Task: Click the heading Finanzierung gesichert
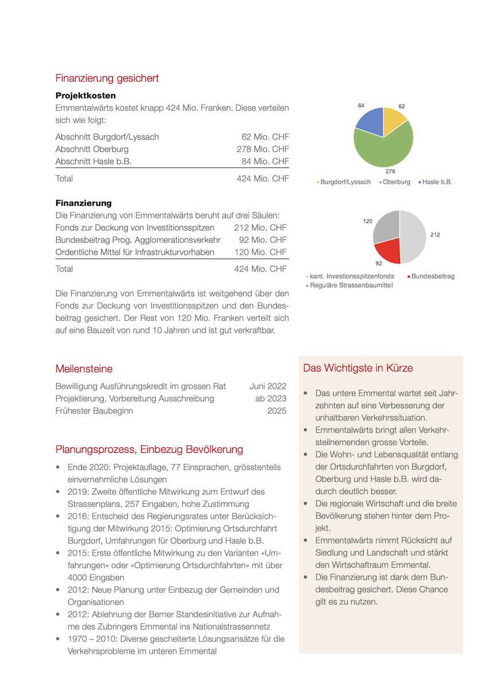click(107, 78)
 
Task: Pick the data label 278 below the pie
click(390, 171)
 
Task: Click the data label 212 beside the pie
click(435, 234)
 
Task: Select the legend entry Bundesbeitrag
click(433, 276)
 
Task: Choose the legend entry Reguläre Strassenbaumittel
click(351, 285)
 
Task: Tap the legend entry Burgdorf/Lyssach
click(345, 182)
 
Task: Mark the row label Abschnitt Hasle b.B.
click(93, 162)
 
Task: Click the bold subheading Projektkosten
click(85, 95)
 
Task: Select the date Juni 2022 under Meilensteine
click(268, 386)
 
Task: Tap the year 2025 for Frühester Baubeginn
click(277, 411)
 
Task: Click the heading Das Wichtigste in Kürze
click(358, 368)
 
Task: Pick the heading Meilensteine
click(84, 369)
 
